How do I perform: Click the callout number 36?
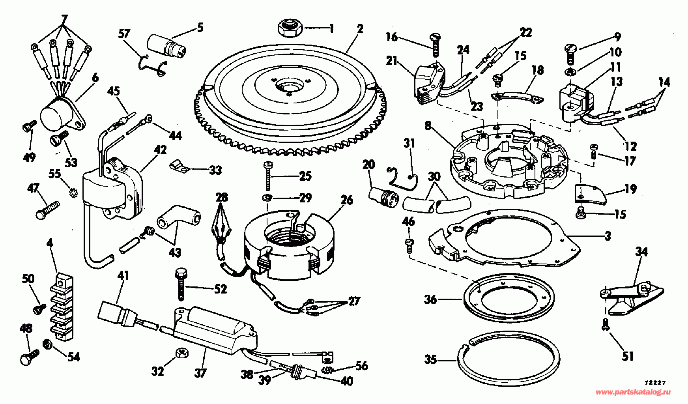click(x=431, y=300)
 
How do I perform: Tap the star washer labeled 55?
click(x=73, y=193)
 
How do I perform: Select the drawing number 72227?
click(x=655, y=383)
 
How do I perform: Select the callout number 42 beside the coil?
click(x=161, y=150)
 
